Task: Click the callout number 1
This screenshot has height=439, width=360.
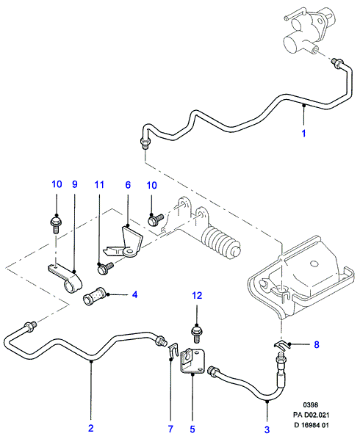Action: (303, 134)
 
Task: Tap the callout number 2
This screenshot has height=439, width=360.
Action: (91, 429)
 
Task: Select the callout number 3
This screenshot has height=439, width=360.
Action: (267, 429)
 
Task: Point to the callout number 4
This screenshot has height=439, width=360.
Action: (134, 294)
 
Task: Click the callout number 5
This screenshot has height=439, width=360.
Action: (192, 429)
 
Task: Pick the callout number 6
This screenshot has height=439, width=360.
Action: (128, 185)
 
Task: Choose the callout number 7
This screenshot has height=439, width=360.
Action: (170, 429)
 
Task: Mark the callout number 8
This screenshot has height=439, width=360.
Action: (317, 344)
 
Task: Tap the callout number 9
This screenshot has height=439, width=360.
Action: (74, 184)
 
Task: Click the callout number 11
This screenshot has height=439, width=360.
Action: (99, 185)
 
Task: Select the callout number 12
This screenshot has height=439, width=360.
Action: (197, 295)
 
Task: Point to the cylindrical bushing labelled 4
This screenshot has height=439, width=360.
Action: (94, 296)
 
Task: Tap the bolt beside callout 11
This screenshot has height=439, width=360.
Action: (105, 268)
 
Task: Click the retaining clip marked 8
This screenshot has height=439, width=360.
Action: (282, 346)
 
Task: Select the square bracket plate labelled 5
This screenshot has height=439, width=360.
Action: (192, 360)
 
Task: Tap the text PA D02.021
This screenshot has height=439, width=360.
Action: (311, 415)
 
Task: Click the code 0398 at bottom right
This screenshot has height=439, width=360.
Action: (311, 404)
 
